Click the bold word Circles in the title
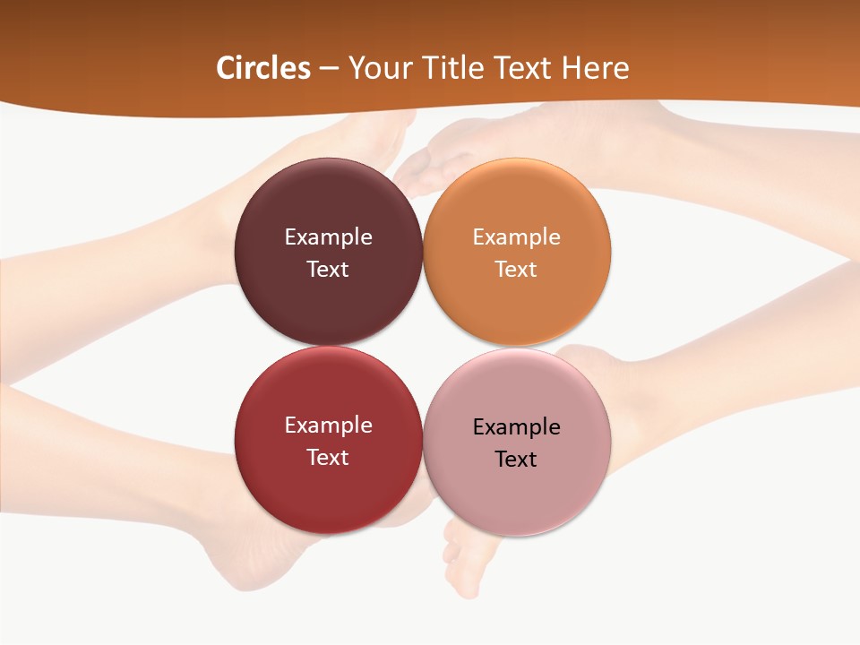tap(262, 68)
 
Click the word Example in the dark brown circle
tap(328, 237)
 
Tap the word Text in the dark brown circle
tap(328, 270)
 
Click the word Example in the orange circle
tap(516, 237)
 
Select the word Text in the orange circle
tap(516, 270)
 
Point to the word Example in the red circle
tap(328, 426)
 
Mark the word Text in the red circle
tap(328, 458)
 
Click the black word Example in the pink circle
tap(516, 427)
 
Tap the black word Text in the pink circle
tap(516, 460)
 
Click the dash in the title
tap(329, 68)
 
